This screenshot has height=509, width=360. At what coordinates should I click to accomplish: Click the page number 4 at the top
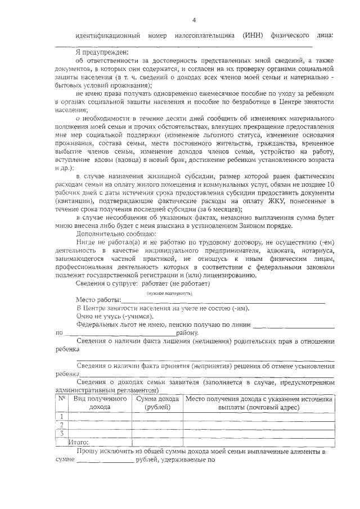193,21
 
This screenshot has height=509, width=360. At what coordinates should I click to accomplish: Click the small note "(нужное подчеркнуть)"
169,294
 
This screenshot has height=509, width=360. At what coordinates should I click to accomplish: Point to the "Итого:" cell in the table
79,442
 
